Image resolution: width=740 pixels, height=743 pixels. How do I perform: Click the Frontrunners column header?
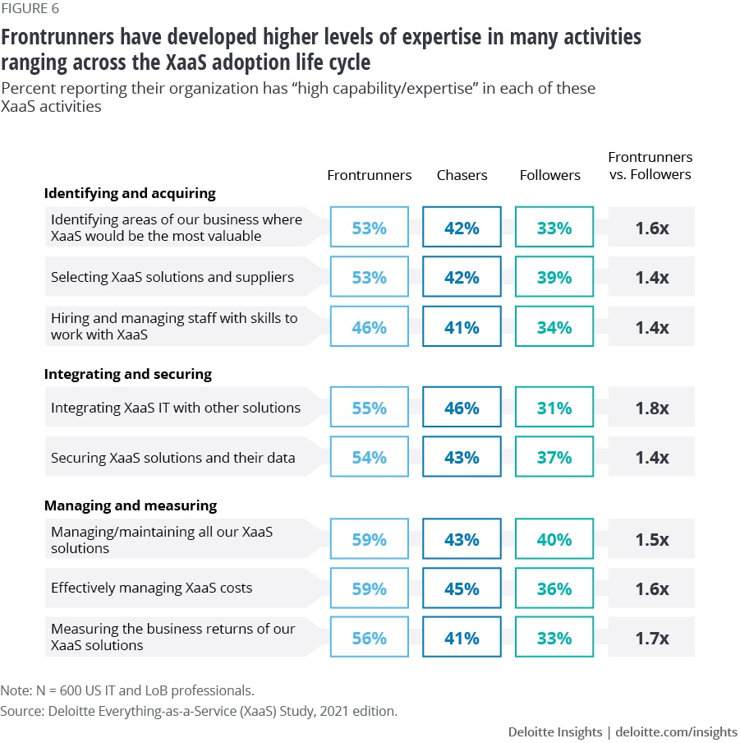[x=370, y=175]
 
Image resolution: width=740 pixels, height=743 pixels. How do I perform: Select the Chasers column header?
[x=462, y=175]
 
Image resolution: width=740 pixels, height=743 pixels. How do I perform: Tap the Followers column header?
[x=549, y=175]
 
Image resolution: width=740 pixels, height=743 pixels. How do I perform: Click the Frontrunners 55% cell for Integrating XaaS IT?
[x=370, y=408]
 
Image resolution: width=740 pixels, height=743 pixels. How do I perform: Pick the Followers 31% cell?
[x=554, y=408]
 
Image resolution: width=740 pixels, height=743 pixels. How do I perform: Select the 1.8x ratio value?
[x=652, y=408]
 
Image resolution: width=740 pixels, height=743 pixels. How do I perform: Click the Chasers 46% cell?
[x=462, y=408]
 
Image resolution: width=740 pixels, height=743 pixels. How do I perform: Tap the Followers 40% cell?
[x=554, y=539]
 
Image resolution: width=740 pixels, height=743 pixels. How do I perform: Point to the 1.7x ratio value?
[x=652, y=638]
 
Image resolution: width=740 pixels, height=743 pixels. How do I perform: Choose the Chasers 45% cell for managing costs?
[x=462, y=588]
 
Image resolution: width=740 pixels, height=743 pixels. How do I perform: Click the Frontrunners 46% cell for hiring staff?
[x=370, y=327]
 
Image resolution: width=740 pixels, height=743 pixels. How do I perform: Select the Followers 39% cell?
[x=554, y=277]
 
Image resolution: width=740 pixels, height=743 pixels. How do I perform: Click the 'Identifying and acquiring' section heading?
[x=130, y=193]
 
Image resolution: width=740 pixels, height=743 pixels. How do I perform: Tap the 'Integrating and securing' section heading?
[x=127, y=374]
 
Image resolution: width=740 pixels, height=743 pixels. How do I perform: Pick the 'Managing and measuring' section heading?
[x=130, y=505]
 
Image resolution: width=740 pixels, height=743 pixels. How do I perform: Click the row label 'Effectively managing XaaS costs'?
[x=151, y=588]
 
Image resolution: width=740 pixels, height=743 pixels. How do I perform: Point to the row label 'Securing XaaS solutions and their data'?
[x=172, y=457]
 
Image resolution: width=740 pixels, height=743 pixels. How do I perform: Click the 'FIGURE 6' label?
[x=30, y=10]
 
